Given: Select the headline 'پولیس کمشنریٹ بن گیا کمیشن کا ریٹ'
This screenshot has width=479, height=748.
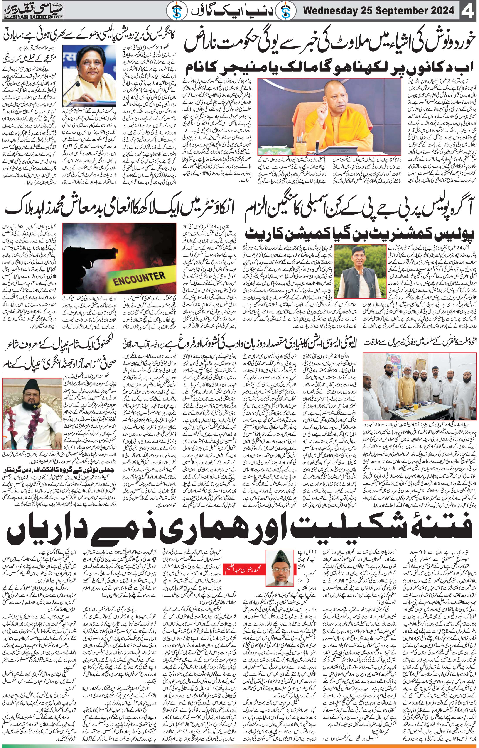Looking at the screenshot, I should [x=359, y=234].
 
